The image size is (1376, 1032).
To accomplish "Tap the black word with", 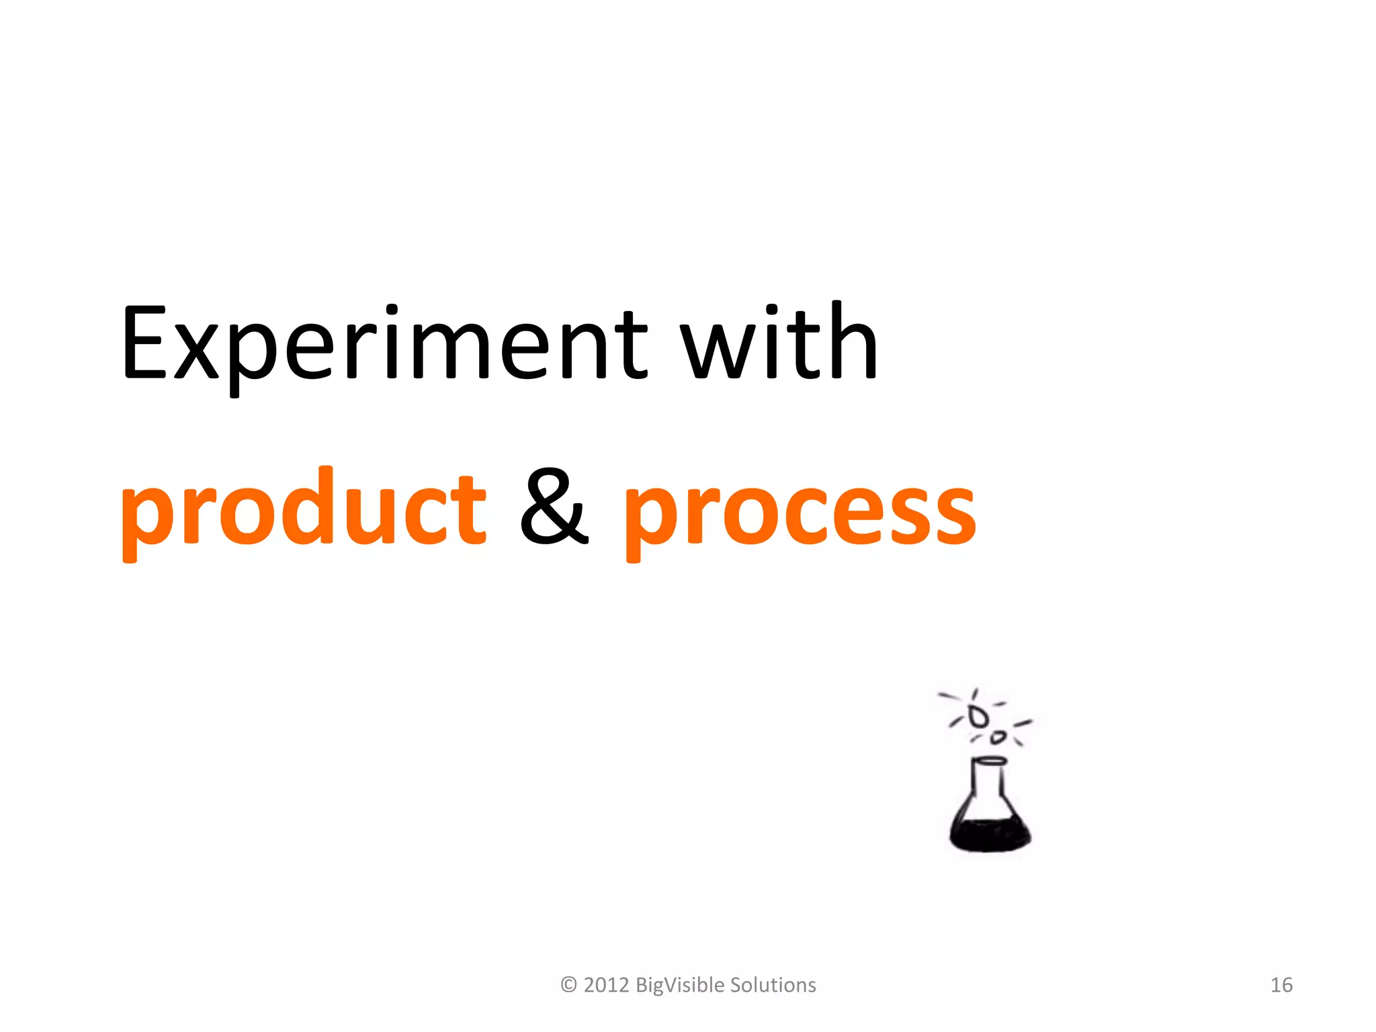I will (779, 343).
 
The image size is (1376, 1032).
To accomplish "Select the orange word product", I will (302, 511).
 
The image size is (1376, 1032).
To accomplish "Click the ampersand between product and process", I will (554, 507).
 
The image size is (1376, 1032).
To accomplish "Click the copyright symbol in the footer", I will (568, 985).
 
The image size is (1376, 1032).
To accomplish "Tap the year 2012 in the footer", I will (606, 985).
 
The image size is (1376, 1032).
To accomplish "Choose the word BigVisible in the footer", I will (679, 985).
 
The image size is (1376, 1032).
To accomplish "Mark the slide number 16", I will (1281, 985).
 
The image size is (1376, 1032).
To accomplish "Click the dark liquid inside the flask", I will (990, 834).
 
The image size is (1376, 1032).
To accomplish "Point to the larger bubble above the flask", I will (978, 717).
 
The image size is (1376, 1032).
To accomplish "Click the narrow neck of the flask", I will (989, 783).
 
